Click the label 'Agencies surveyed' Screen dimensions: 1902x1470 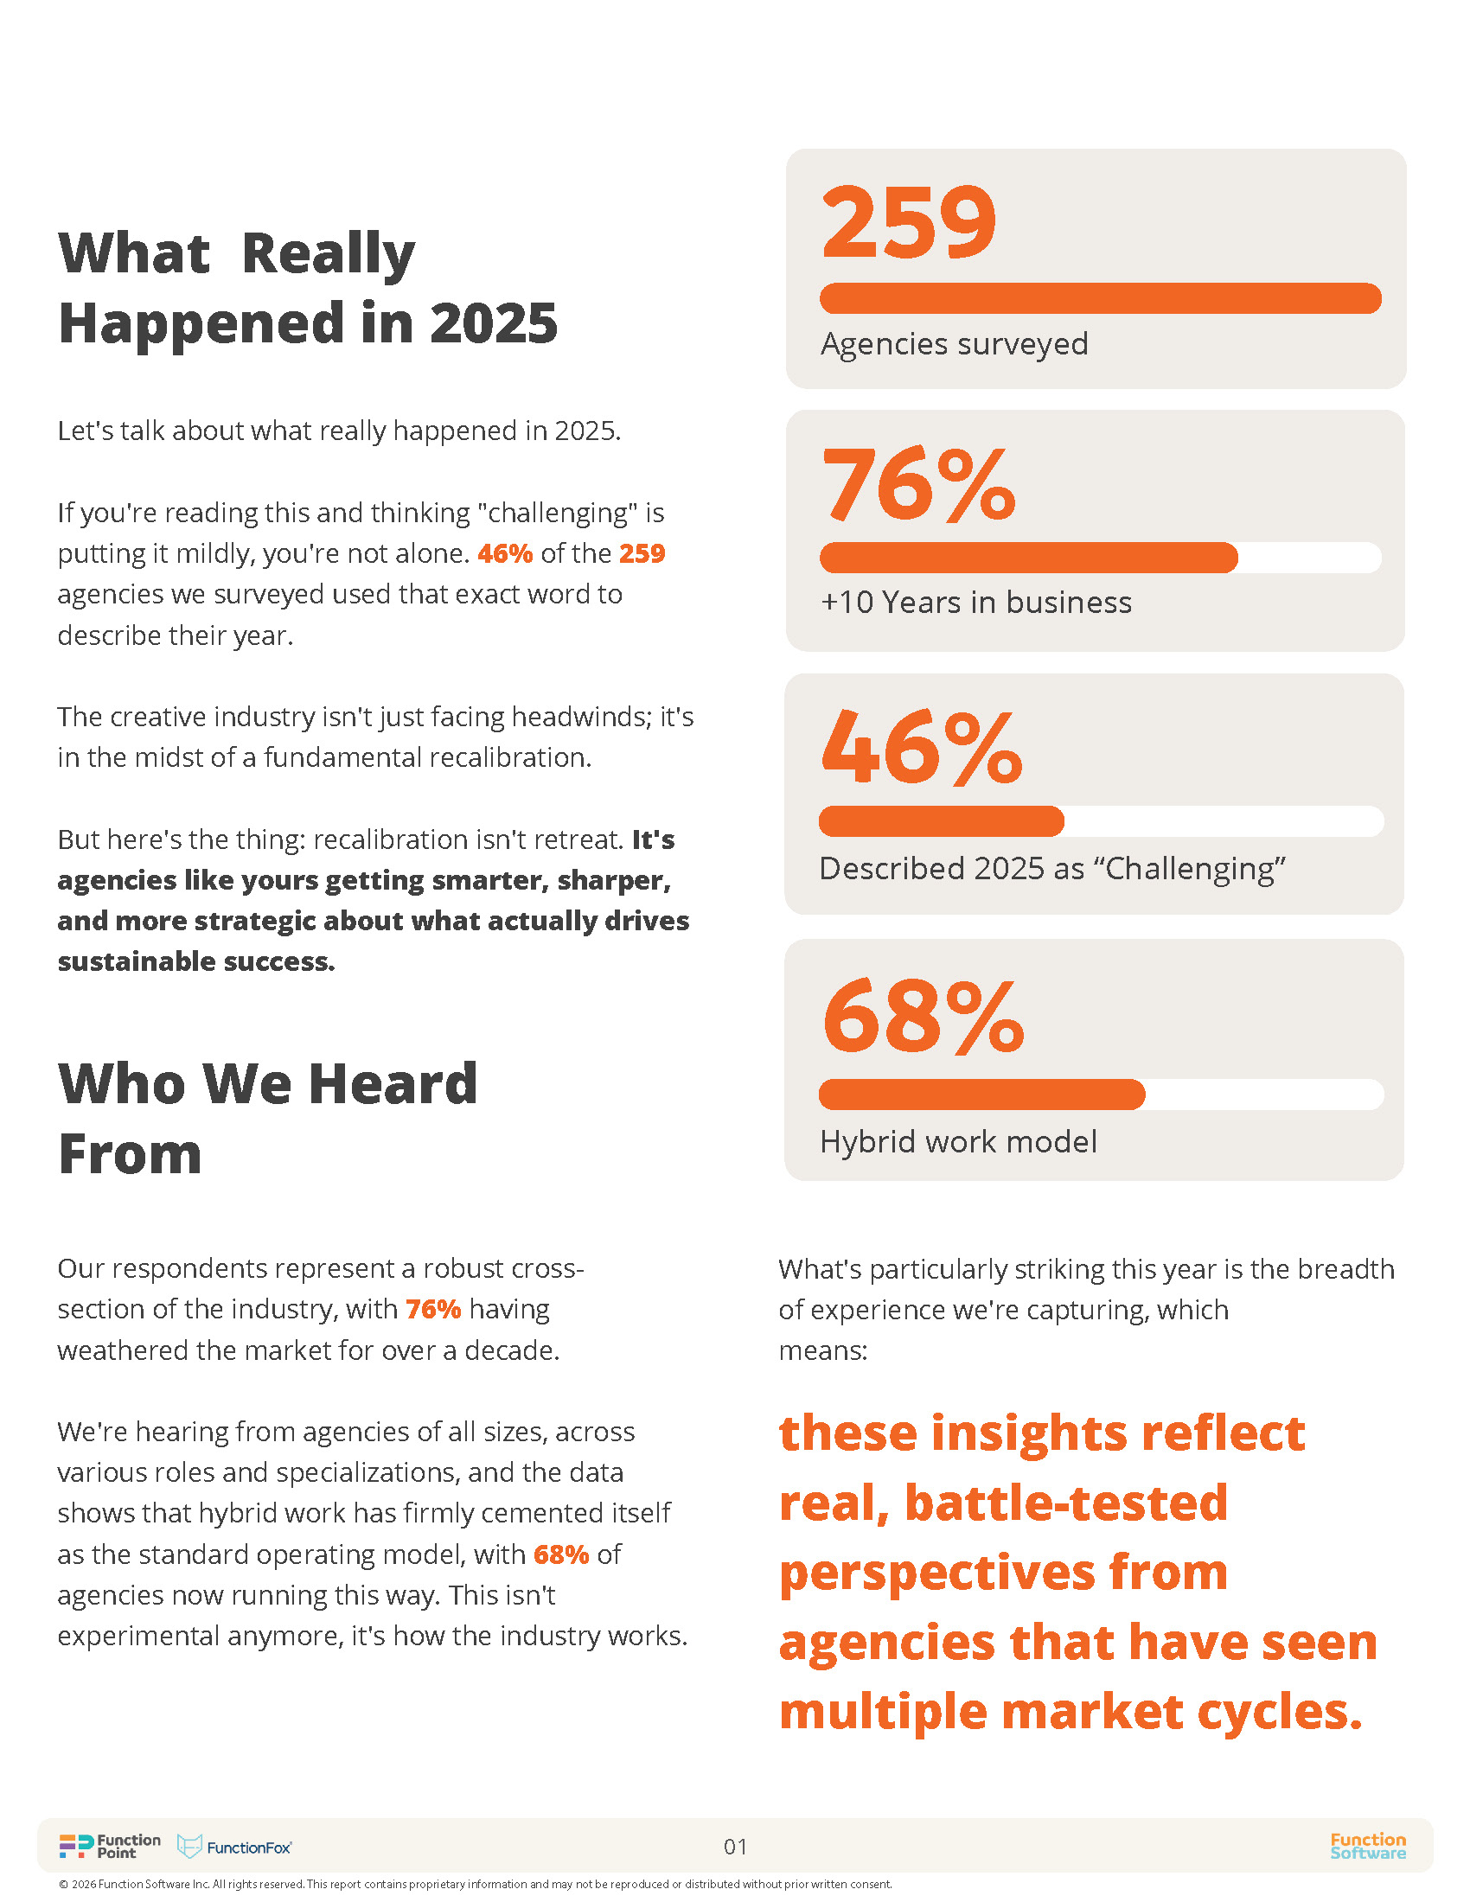[x=954, y=344]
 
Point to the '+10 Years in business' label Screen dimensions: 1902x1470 [x=975, y=603]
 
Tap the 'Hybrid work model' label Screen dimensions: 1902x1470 [x=958, y=1142]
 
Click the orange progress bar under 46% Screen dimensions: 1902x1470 [x=941, y=821]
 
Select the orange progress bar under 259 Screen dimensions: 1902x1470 [x=1100, y=298]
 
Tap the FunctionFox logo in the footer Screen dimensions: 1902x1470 [x=235, y=1848]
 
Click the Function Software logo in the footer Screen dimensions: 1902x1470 [x=1367, y=1847]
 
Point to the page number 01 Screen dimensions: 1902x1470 [x=735, y=1848]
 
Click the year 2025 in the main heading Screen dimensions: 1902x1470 [x=493, y=324]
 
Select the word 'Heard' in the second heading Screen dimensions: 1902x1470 [x=393, y=1084]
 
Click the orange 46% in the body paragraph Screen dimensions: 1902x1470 [x=505, y=554]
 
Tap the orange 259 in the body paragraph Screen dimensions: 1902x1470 [x=642, y=554]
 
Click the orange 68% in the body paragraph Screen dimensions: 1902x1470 [x=561, y=1554]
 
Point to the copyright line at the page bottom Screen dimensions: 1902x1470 [x=476, y=1885]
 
